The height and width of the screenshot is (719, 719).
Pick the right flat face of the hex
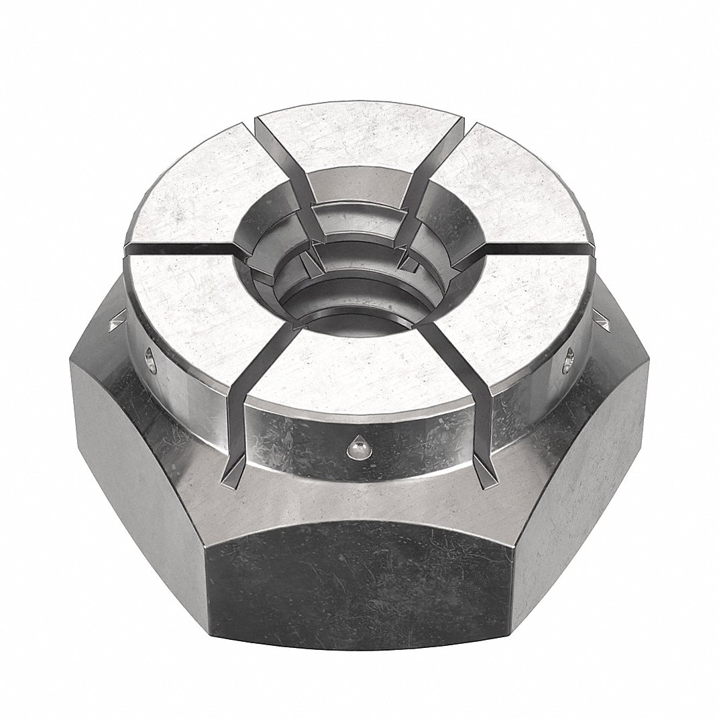(590, 483)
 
